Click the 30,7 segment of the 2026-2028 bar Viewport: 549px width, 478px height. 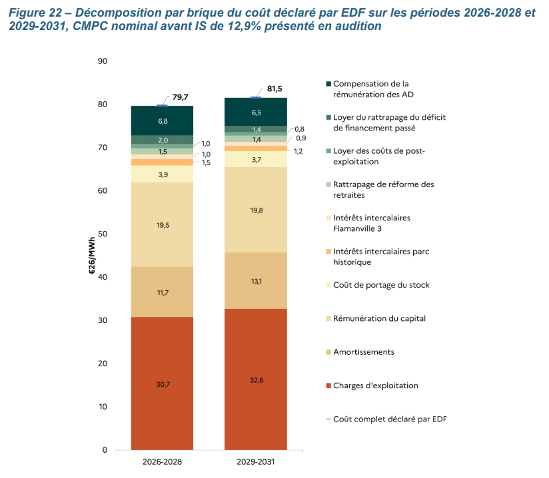click(x=162, y=384)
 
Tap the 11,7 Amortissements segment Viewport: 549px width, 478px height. click(x=162, y=292)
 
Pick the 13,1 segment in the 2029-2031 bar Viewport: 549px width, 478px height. click(x=256, y=280)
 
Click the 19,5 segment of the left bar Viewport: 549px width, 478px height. click(x=162, y=225)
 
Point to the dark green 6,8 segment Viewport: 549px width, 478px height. click(x=162, y=121)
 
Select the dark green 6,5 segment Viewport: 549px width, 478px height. click(x=256, y=113)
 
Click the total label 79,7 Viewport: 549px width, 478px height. click(x=181, y=97)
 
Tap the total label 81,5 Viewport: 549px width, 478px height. click(x=274, y=89)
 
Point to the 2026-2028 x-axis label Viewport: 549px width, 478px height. click(x=162, y=461)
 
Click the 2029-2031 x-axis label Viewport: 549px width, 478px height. click(x=256, y=461)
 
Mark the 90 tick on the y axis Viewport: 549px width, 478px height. click(x=102, y=61)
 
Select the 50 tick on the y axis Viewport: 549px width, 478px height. click(x=102, y=234)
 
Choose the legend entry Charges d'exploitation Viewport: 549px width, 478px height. click(x=375, y=385)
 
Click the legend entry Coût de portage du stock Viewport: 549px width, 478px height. click(x=380, y=285)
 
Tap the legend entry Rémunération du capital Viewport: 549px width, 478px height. click(x=378, y=318)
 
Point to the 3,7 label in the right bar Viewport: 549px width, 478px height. click(x=256, y=160)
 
